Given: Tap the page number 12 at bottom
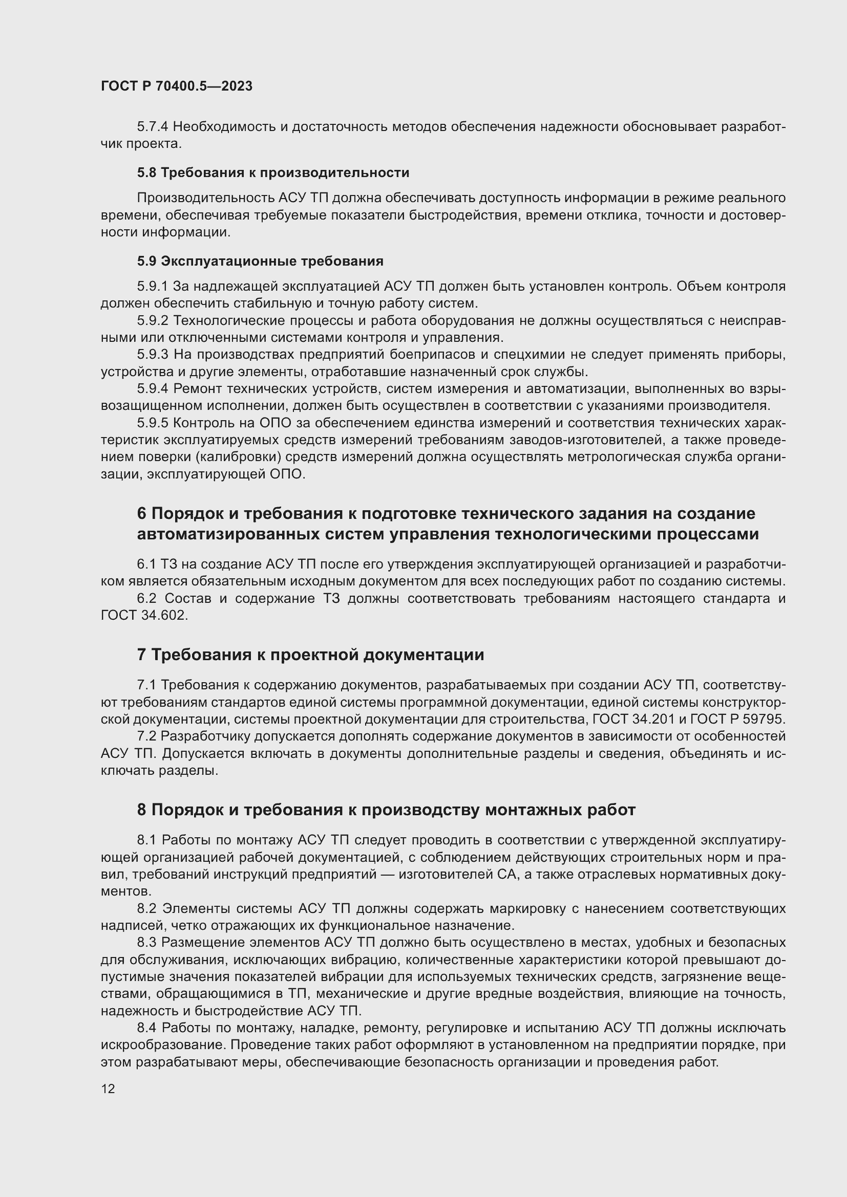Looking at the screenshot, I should [x=108, y=1089].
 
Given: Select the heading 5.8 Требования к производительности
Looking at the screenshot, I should [x=273, y=172].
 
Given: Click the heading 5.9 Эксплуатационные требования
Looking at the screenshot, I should [x=260, y=260].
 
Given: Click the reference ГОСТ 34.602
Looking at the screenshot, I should [x=143, y=615].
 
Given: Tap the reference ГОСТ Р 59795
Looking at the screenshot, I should [x=737, y=719].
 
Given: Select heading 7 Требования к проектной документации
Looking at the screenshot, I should [x=310, y=655].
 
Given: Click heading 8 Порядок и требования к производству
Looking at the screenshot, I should [x=386, y=810].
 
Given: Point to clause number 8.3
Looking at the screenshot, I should [x=146, y=942].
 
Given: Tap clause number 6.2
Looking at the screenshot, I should [x=146, y=599].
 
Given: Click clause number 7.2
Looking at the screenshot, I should [x=146, y=736].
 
